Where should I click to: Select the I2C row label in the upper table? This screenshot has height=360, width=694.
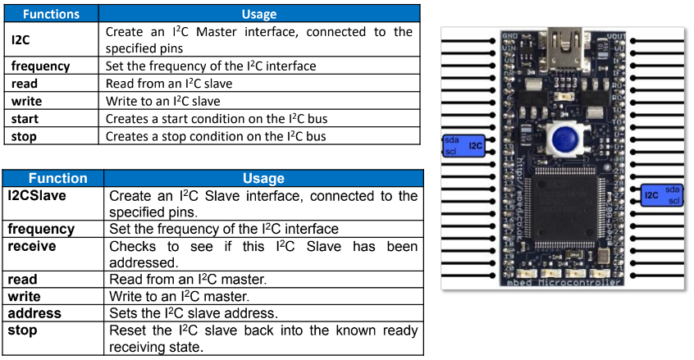[x=21, y=39]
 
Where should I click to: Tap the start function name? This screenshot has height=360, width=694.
[x=25, y=119]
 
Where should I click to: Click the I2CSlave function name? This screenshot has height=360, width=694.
[x=37, y=196]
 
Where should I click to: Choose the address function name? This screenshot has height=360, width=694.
[x=34, y=313]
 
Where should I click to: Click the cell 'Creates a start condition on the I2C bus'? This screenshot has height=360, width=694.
[x=217, y=119]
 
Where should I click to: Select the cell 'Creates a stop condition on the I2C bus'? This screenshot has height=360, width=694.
[x=216, y=136]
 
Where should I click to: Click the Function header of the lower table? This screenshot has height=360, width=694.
[x=58, y=178]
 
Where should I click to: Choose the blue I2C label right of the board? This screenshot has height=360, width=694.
[x=664, y=195]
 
